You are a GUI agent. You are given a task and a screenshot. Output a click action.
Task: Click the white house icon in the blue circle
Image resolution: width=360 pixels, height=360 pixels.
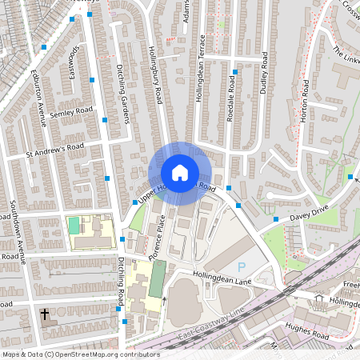[x=179, y=173]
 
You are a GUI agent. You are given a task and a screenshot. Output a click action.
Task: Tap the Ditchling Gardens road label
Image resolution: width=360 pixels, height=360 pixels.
[x=123, y=94]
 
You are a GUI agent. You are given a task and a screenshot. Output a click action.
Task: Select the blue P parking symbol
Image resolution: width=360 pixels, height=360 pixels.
[x=241, y=266]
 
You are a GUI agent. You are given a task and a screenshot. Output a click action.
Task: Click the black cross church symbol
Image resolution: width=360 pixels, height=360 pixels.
[x=44, y=314]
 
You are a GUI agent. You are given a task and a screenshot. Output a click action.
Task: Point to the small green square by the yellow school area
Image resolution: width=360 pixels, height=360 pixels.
[x=74, y=226]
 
